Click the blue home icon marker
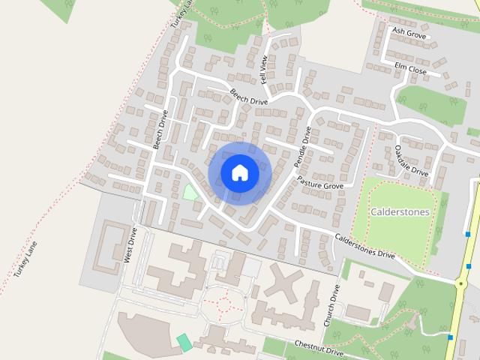click(239, 172)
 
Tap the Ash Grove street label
click(408, 34)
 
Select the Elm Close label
click(410, 70)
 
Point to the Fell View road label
click(264, 68)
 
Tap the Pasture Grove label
click(320, 182)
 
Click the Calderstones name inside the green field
click(400, 211)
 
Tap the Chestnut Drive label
click(318, 348)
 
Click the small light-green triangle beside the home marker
click(190, 191)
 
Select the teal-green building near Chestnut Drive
click(184, 343)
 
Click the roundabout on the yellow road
click(461, 282)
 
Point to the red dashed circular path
click(223, 304)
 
